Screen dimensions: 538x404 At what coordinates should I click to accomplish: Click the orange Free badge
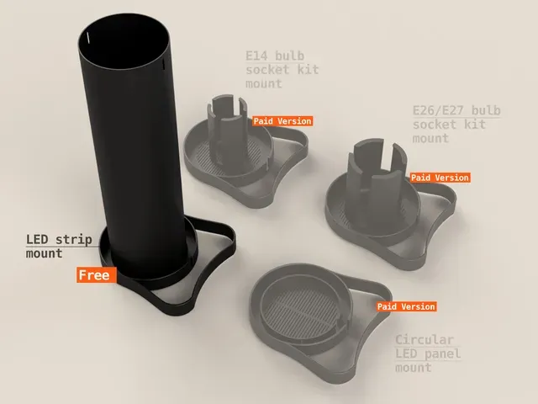tap(97, 275)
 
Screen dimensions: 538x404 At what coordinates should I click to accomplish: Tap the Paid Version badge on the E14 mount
tap(282, 121)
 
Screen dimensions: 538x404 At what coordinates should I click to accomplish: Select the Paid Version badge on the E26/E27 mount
tap(440, 178)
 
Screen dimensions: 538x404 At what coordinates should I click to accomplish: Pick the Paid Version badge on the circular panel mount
tap(406, 306)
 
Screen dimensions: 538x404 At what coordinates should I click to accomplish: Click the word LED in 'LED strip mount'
tap(37, 239)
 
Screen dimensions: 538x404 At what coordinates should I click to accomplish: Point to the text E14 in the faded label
tap(257, 56)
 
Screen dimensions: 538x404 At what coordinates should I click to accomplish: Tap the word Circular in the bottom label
tap(425, 340)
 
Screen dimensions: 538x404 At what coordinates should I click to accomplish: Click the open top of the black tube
tap(124, 41)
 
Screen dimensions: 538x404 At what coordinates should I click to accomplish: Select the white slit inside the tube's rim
tap(88, 38)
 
